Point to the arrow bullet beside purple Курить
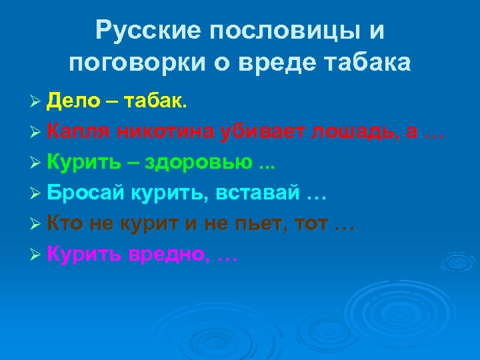(37, 255)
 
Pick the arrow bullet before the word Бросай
(37, 194)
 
